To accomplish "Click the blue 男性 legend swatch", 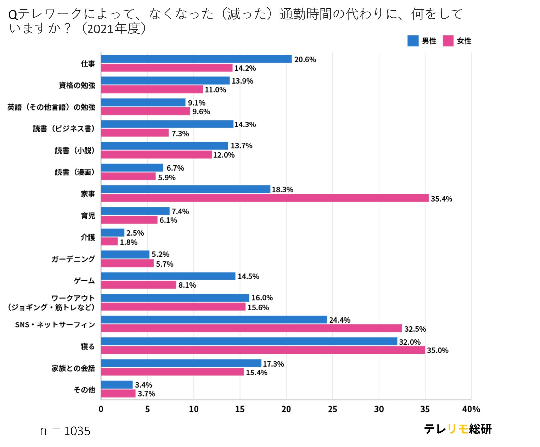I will pyautogui.click(x=413, y=41).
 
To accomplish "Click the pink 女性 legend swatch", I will pyautogui.click(x=448, y=41).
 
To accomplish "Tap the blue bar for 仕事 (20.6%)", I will pyautogui.click(x=196, y=59).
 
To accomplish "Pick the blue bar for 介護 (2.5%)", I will pyautogui.click(x=113, y=233).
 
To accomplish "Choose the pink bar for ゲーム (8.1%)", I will pyautogui.click(x=139, y=285).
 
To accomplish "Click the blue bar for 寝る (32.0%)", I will pyautogui.click(x=249, y=341).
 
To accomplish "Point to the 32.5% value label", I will pyautogui.click(x=415, y=329).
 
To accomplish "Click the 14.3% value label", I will pyautogui.click(x=245, y=125).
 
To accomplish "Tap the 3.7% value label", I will pyautogui.click(x=147, y=394).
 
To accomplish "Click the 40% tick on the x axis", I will pyautogui.click(x=471, y=409).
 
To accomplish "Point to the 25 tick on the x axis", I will pyautogui.click(x=332, y=409).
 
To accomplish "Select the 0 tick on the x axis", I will pyautogui.click(x=101, y=409).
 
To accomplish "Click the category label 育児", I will pyautogui.click(x=88, y=216).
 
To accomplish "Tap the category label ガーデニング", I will pyautogui.click(x=73, y=259).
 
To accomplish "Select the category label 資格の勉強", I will pyautogui.click(x=77, y=85).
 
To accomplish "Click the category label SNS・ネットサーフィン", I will pyautogui.click(x=55, y=325).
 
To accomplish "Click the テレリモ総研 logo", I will pyautogui.click(x=457, y=429).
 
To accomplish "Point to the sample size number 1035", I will pyautogui.click(x=77, y=431).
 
